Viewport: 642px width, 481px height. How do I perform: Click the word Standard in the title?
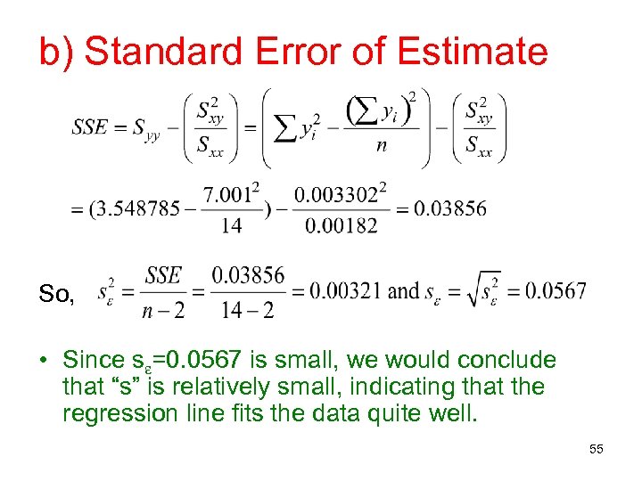pos(169,51)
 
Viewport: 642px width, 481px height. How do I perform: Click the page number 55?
pos(597,450)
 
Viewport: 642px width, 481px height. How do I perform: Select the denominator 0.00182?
pos(342,226)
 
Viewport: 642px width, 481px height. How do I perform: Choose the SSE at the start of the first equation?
pos(90,127)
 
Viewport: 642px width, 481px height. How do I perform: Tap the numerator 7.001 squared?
pos(231,192)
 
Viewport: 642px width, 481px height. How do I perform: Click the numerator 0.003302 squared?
pos(342,192)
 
